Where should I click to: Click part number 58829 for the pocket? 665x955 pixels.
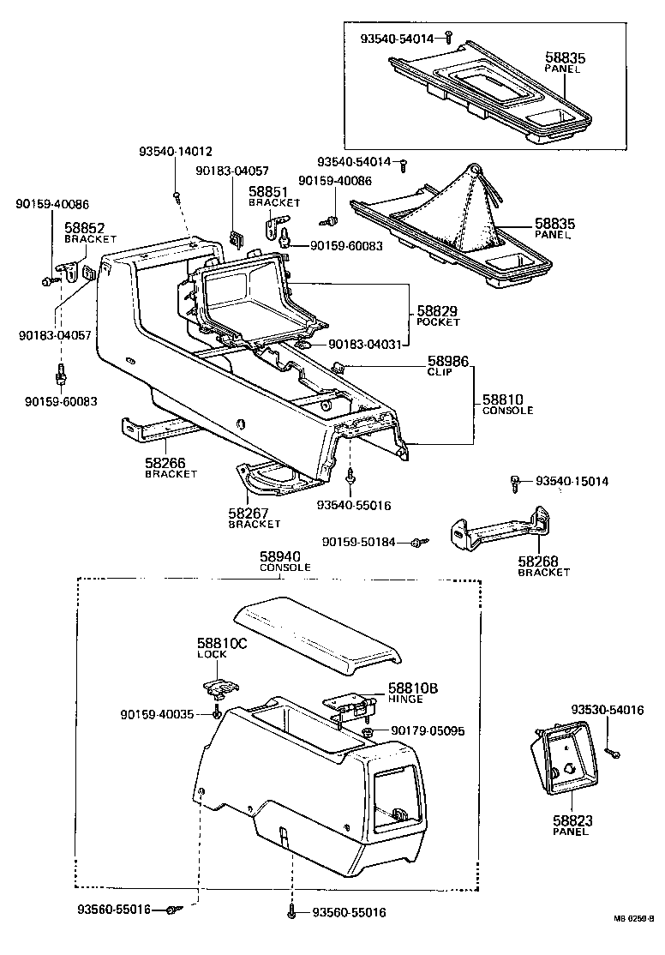(x=437, y=311)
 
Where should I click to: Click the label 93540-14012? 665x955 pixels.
(x=176, y=152)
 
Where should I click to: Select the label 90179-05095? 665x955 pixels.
(x=428, y=730)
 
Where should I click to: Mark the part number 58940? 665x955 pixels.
(x=279, y=556)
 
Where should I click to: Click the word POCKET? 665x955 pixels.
(x=438, y=322)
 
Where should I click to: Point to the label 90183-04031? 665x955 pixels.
(x=365, y=345)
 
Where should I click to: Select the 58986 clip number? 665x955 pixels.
(x=448, y=361)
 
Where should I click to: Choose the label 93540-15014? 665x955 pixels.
(x=572, y=481)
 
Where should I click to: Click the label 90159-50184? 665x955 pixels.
(x=359, y=542)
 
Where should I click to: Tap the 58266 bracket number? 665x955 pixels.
(x=165, y=463)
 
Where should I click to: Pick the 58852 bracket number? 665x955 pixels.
(x=85, y=228)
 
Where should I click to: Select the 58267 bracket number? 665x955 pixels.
(x=249, y=513)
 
